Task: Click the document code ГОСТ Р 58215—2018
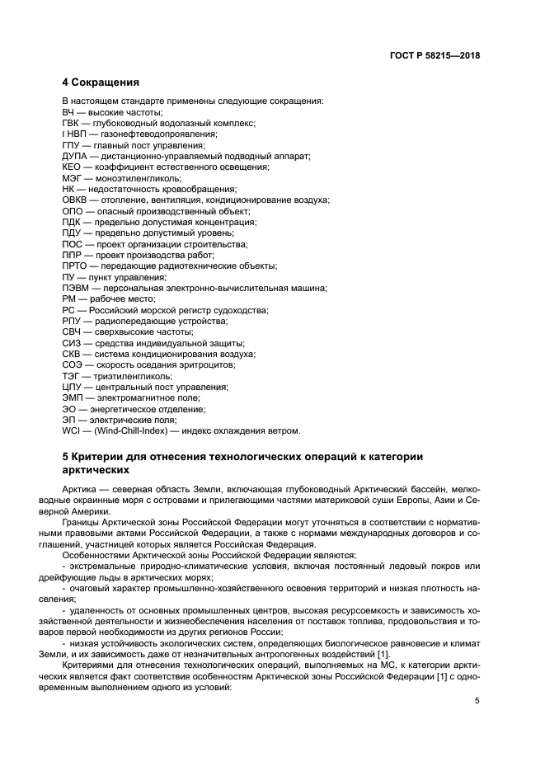tap(435, 57)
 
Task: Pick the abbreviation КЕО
tap(73, 167)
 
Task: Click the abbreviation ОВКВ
tap(76, 200)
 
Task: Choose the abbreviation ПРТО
tap(75, 266)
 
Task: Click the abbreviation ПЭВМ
tap(76, 289)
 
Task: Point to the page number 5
tap(477, 701)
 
